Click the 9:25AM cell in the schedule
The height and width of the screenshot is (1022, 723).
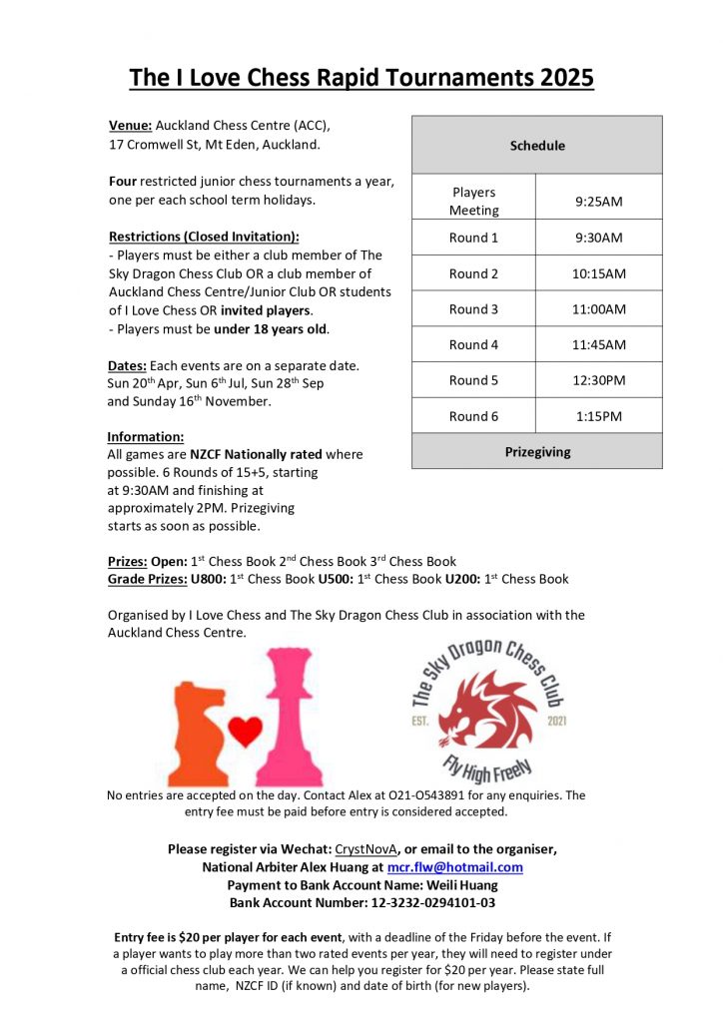598,202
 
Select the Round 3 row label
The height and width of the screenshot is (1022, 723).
473,309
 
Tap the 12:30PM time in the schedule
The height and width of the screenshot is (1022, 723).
598,380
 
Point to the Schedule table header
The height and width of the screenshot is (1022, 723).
537,146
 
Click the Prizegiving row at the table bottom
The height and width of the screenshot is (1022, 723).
537,452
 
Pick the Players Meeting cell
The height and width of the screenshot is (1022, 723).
473,202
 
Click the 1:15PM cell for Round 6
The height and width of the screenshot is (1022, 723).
598,416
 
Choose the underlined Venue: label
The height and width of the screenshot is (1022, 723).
130,127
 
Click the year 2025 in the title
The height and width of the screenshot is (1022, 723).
560,77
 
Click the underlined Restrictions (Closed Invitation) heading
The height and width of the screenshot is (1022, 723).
203,238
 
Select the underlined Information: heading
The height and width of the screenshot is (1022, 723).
146,436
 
